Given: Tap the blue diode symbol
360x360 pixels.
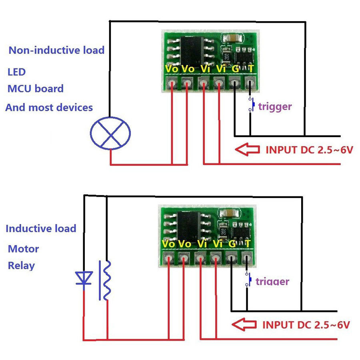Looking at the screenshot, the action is click(84, 278).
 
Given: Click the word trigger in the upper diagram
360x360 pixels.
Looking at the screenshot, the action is click(275, 107).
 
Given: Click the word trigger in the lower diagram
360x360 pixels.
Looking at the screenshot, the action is click(272, 282).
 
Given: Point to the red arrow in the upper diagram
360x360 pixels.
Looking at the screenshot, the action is click(247, 150).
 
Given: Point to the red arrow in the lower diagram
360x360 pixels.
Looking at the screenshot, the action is click(244, 324).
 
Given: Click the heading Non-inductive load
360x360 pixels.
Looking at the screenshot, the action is click(56, 50).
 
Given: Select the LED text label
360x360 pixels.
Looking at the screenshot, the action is click(16, 72).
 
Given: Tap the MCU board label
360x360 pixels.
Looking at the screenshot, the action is click(36, 89).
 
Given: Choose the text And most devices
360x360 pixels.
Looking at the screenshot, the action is click(49, 108).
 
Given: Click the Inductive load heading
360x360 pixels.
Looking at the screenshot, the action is click(41, 228).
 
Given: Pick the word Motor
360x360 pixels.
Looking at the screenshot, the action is click(24, 249).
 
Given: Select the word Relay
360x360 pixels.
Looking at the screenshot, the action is click(21, 266).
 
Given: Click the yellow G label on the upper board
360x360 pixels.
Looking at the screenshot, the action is click(236, 69).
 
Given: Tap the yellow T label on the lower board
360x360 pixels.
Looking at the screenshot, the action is click(248, 244).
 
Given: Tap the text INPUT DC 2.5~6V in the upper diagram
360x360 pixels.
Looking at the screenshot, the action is click(309, 150).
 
